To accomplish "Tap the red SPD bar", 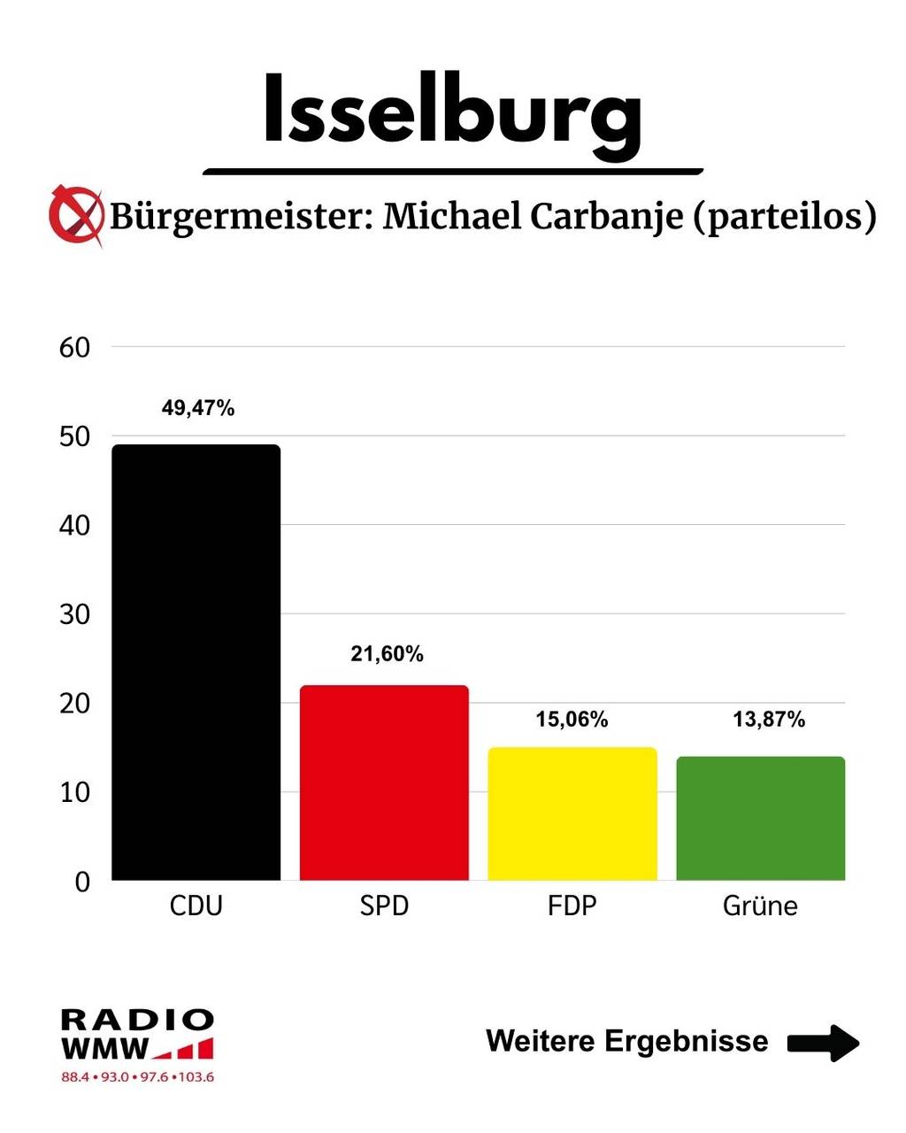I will [x=384, y=782].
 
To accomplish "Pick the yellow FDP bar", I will [x=572, y=813].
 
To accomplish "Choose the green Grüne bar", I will [x=761, y=818].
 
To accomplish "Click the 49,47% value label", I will [x=198, y=408].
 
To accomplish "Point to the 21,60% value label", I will [x=387, y=654].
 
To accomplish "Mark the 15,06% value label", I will [x=572, y=720].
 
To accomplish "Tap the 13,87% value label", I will [x=769, y=720].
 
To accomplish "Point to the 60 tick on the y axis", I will [x=75, y=348].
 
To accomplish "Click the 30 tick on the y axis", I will [x=75, y=614].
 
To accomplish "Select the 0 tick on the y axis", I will [x=82, y=882].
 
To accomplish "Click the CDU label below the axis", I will [x=196, y=906].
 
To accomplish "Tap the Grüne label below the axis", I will [x=760, y=906].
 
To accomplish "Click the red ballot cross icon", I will [x=75, y=214].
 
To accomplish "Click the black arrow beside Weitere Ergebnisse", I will [x=823, y=1042].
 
